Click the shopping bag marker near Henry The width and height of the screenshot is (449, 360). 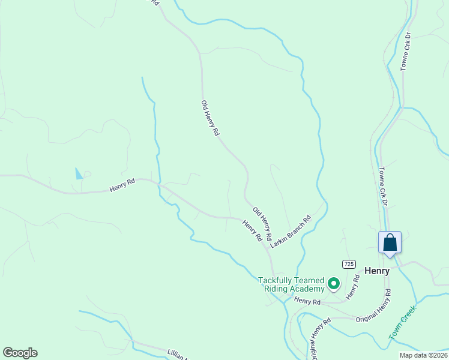[390, 243]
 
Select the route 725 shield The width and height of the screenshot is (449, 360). [349, 264]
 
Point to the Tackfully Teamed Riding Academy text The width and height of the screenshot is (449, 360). [291, 284]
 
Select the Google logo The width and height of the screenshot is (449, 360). [20, 353]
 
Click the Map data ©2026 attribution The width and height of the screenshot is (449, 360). [423, 355]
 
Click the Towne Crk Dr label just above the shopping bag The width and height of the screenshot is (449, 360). [382, 187]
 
